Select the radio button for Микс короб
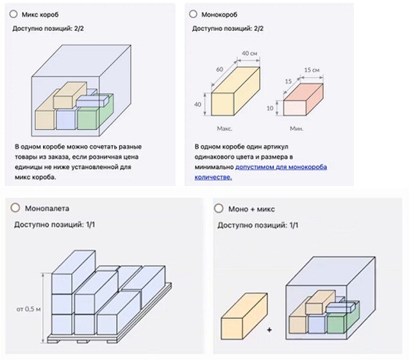14,13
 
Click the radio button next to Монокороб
193,13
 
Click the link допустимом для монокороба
281,167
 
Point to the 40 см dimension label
249,53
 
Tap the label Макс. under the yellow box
224,128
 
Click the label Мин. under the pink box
296,128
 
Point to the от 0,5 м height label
29,309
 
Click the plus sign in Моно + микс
269,330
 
